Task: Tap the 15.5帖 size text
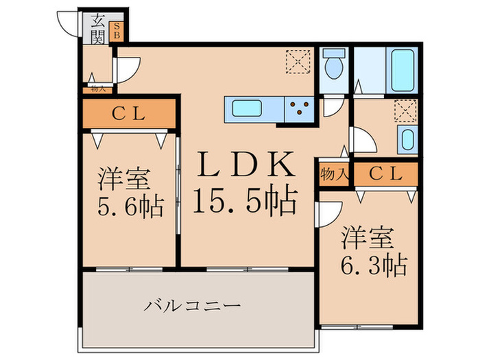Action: [245, 200]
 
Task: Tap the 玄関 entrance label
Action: [97, 28]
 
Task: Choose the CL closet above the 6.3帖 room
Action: [384, 174]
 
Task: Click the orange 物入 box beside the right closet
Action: [334, 174]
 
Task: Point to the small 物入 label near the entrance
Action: [97, 88]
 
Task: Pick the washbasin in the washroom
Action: [407, 141]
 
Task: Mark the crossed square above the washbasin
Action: [405, 110]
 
